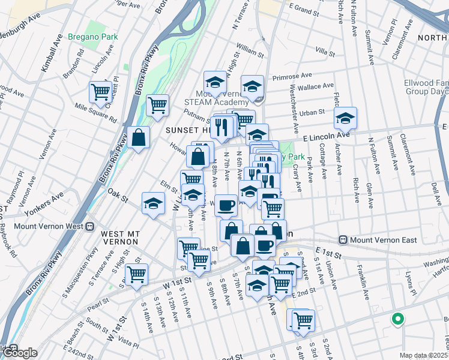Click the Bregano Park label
click(92, 37)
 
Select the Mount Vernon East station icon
click(343, 240)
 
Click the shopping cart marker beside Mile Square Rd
click(100, 92)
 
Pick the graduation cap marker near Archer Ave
click(345, 118)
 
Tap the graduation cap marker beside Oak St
click(154, 203)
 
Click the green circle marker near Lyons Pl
click(397, 319)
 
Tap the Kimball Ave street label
click(52, 53)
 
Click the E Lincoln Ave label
click(326, 137)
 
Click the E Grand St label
click(304, 10)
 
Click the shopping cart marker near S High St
click(137, 274)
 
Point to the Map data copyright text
click(424, 355)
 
